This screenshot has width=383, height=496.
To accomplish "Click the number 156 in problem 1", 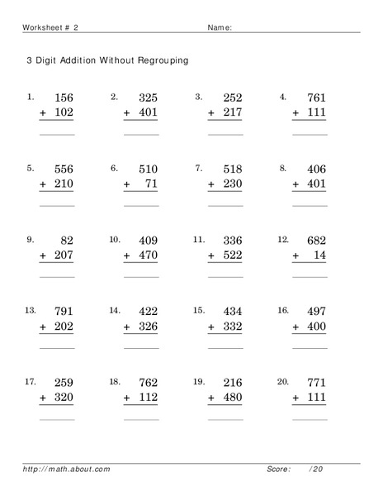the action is (x=63, y=98).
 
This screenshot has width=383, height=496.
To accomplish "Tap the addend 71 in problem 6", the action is (x=150, y=184).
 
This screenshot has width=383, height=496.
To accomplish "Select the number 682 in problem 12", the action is (x=316, y=241).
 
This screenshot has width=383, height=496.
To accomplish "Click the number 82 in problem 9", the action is (x=66, y=241).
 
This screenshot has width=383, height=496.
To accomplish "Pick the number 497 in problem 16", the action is (x=316, y=312).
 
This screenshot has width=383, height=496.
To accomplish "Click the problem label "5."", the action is (x=31, y=168).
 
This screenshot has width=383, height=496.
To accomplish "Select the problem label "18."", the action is (x=115, y=382).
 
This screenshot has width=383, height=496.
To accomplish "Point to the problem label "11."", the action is (x=199, y=239).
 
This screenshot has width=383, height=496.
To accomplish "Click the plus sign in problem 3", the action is (x=212, y=113).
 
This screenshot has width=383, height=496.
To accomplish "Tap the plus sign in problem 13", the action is (x=43, y=327).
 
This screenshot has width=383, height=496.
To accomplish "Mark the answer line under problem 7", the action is (x=225, y=205).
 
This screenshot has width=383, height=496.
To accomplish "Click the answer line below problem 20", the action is (x=310, y=419).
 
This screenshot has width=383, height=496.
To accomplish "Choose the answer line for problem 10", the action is (x=141, y=277).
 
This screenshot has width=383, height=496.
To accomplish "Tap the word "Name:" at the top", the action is (x=219, y=27).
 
